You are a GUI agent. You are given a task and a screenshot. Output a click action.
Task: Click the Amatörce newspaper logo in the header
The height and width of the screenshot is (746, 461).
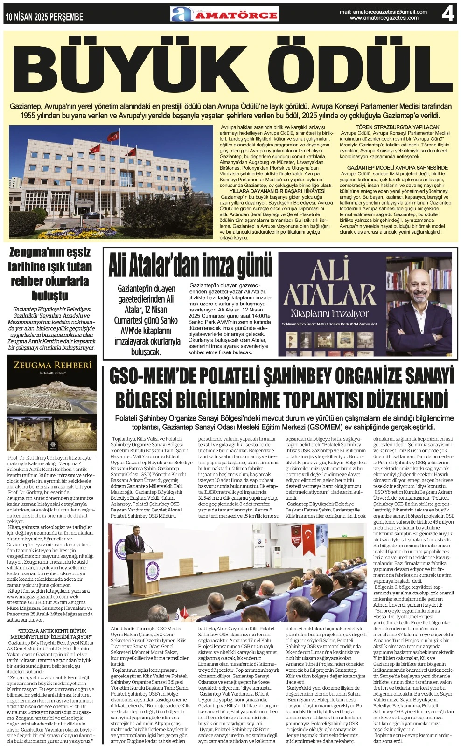(224, 14)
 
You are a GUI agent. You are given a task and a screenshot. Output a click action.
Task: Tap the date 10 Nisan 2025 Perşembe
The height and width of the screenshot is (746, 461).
(44, 17)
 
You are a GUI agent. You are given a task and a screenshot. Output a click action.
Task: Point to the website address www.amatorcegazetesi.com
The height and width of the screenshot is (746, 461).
(384, 18)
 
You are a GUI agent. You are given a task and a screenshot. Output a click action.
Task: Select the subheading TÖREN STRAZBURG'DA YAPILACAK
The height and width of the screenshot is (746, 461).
(397, 127)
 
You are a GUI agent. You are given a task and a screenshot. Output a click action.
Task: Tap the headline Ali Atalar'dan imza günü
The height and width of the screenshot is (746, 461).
(190, 267)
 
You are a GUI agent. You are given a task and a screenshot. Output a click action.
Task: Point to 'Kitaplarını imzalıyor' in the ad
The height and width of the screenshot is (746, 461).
(329, 313)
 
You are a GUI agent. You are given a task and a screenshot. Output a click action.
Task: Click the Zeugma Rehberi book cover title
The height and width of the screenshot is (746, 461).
(52, 365)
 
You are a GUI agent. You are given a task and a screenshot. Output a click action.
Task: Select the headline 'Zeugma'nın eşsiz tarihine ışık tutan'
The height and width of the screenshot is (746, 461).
(50, 260)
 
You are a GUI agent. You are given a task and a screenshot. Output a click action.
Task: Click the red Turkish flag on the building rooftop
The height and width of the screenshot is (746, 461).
(113, 136)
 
